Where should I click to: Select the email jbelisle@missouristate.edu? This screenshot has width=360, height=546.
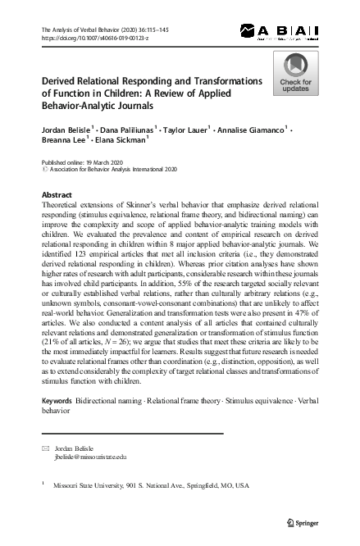point(89,458)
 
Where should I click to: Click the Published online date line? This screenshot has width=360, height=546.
point(80,163)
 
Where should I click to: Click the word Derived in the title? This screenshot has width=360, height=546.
point(62,82)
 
